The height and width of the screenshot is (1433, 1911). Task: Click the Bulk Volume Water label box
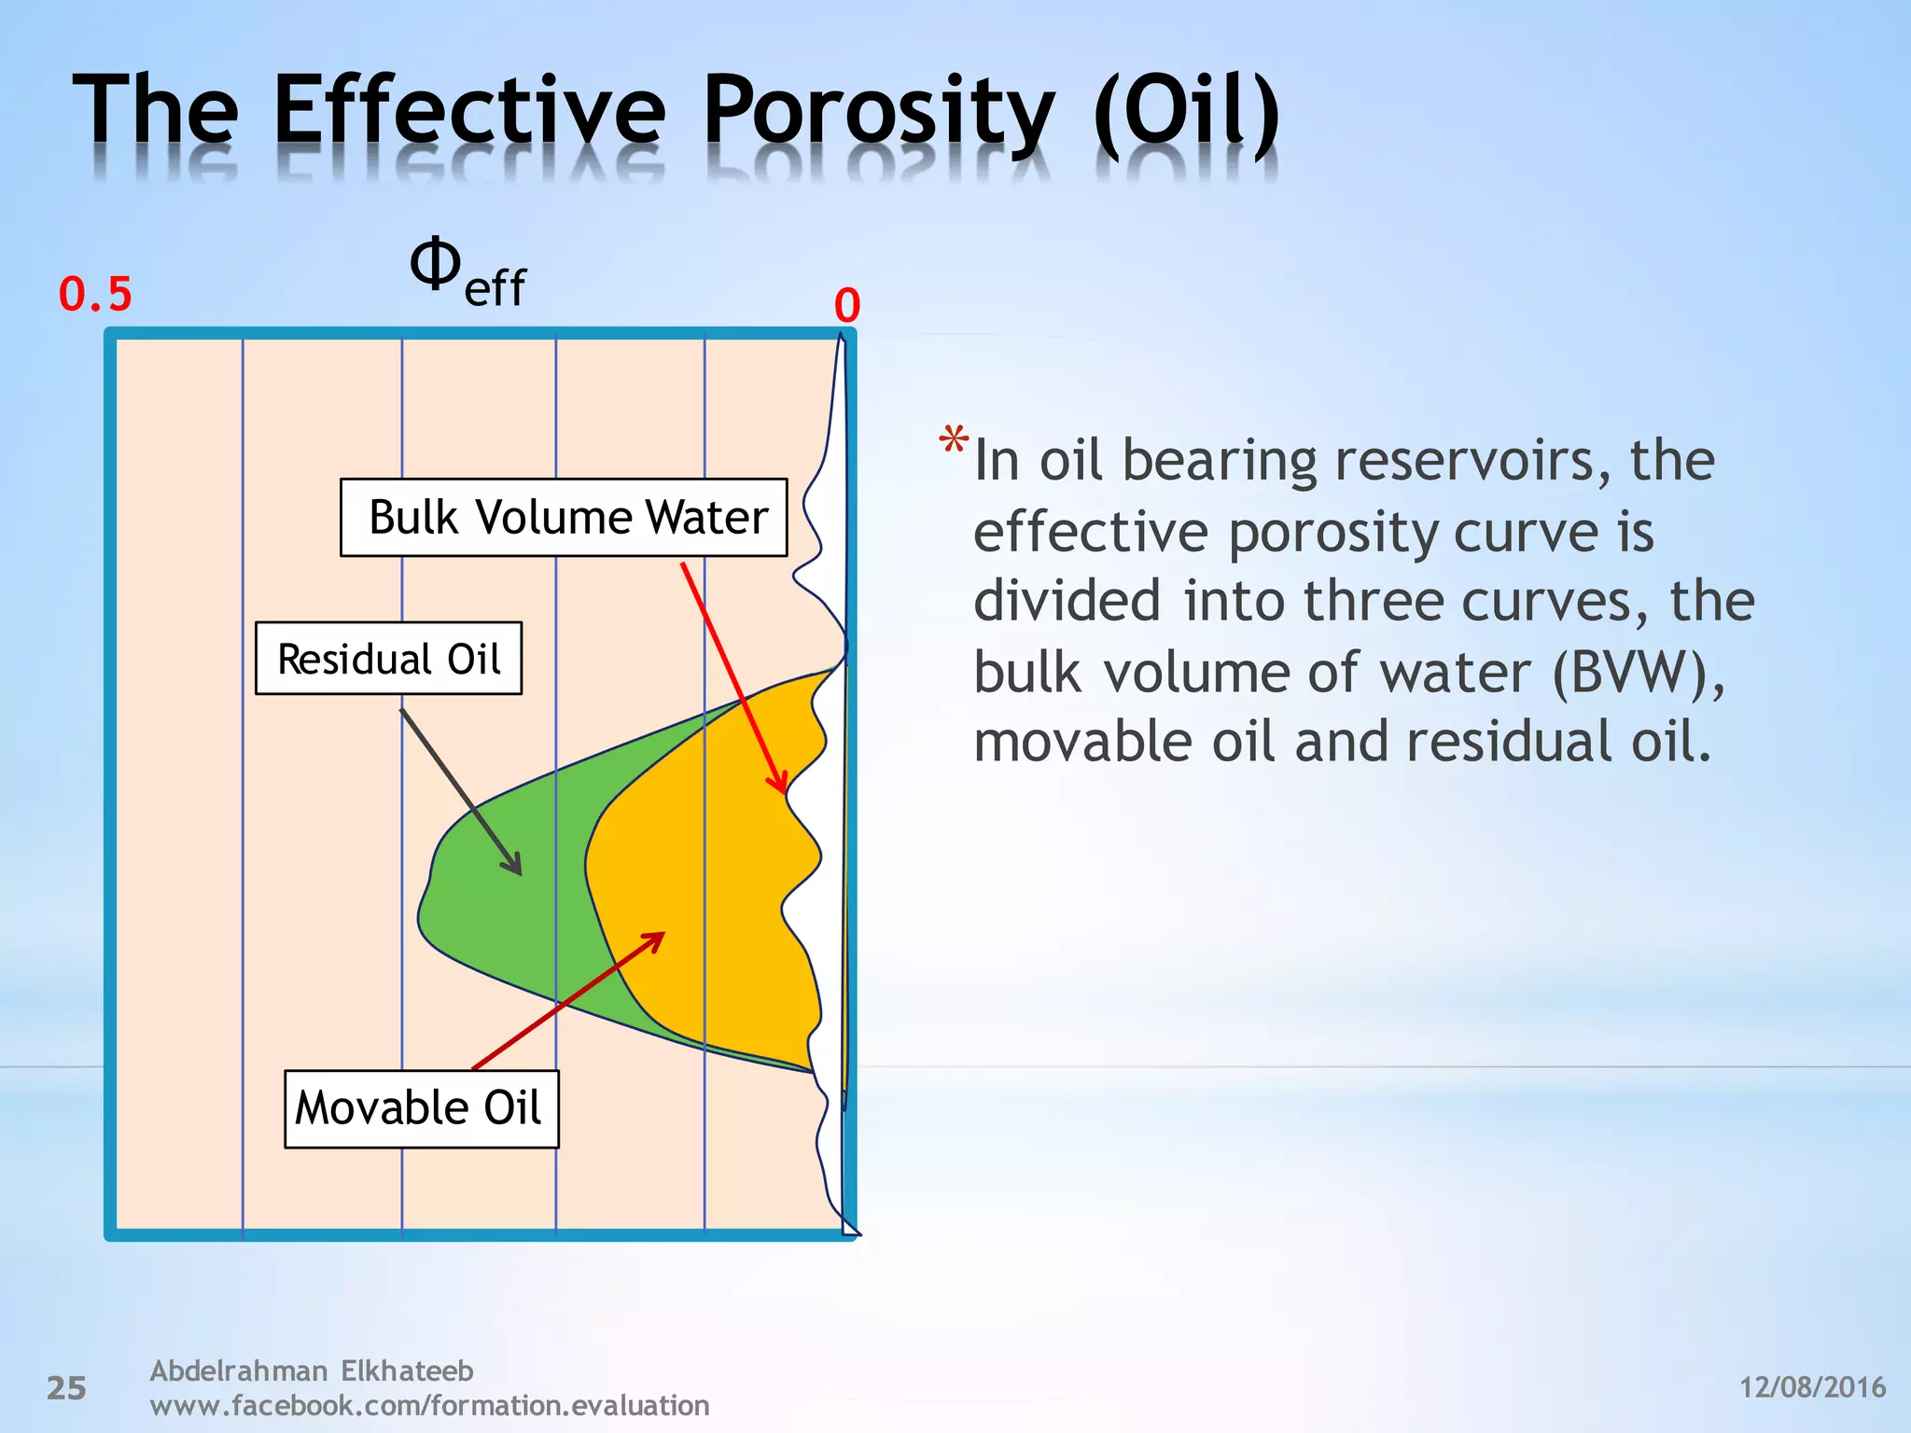click(x=564, y=518)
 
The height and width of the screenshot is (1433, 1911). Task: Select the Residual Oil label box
click(x=388, y=659)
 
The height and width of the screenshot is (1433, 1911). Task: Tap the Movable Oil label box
click(x=421, y=1108)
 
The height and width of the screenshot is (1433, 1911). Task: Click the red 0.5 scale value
click(x=95, y=295)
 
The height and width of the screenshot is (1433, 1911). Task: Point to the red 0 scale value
click(x=846, y=306)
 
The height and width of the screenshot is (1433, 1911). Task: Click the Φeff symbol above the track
click(x=467, y=272)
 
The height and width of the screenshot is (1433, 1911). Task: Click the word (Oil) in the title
click(x=1187, y=114)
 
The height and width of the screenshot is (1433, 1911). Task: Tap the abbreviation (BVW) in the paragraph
click(x=1639, y=673)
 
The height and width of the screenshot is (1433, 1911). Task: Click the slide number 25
click(x=66, y=1388)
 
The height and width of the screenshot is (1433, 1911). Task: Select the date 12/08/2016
click(x=1812, y=1387)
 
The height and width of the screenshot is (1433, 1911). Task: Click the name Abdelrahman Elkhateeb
click(x=312, y=1370)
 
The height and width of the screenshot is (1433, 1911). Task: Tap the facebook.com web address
click(x=429, y=1405)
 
